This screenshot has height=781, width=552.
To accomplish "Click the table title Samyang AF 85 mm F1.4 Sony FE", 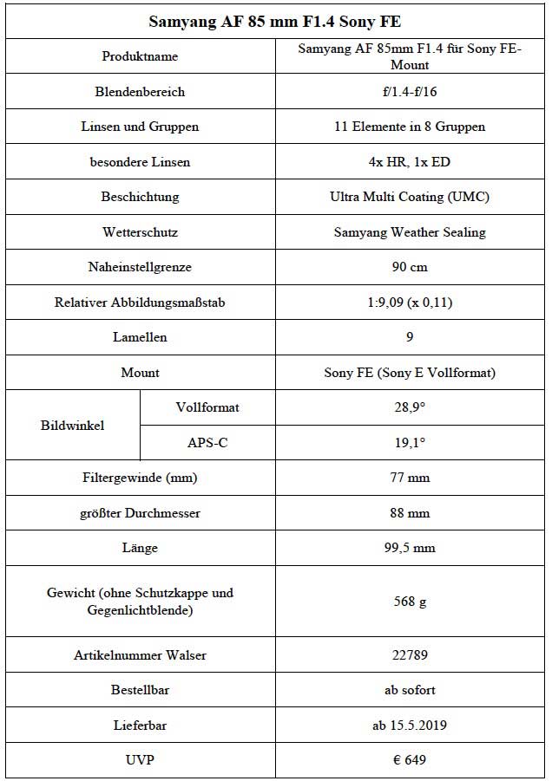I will coord(275,21).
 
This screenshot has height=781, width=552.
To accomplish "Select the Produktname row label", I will coord(140,56).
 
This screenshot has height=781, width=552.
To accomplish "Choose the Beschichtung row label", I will coord(140,197).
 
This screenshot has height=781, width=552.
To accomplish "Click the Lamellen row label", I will coord(140,337).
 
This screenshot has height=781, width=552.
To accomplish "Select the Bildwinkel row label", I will coord(72,426).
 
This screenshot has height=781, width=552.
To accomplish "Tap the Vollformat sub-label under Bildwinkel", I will coord(207,407).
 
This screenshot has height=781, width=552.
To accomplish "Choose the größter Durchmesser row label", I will coord(140,513).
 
